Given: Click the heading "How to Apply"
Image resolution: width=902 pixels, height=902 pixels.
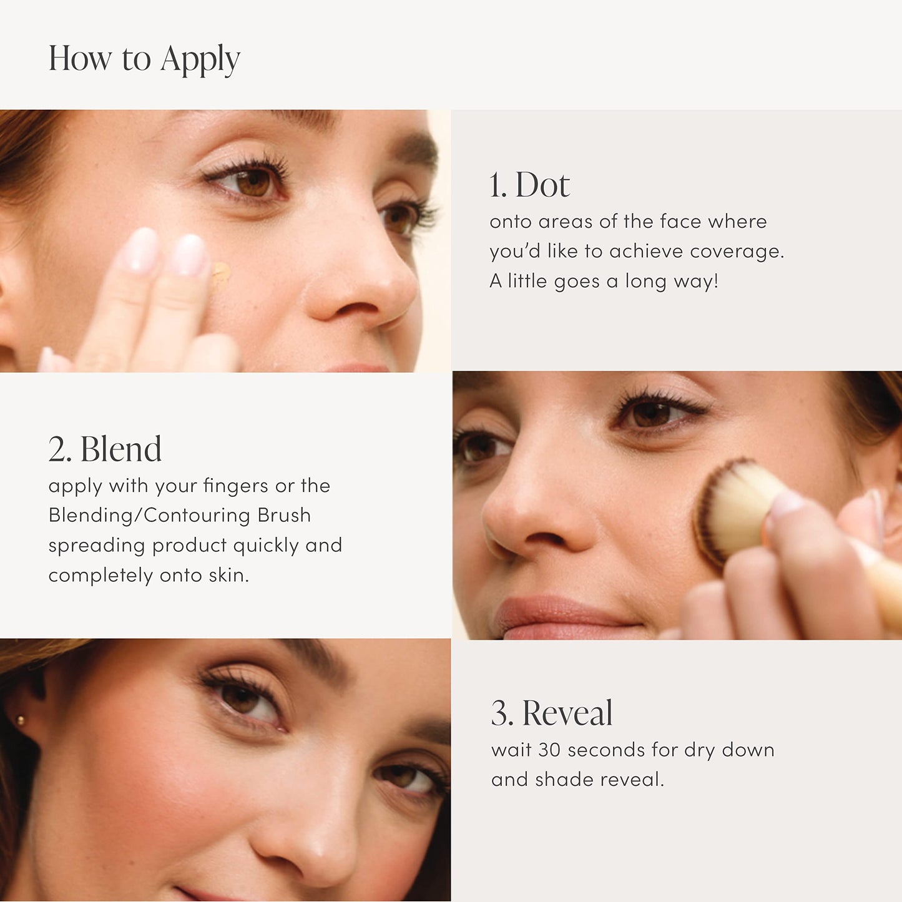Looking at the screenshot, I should tap(144, 59).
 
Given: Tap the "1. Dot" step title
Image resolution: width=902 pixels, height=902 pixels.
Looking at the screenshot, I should tap(529, 185).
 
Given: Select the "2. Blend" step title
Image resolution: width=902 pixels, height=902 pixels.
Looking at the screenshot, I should tap(105, 449).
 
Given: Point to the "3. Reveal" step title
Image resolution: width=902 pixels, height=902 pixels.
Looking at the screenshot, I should tap(552, 713).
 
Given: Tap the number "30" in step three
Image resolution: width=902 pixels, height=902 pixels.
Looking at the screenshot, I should tap(549, 750).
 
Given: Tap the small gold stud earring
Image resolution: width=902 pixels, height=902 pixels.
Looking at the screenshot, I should tap(21, 722).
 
